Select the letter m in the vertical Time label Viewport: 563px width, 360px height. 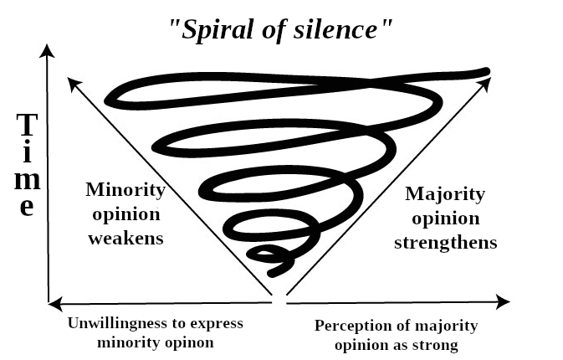pyautogui.click(x=28, y=179)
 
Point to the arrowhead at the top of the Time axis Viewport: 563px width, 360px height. pyautogui.click(x=49, y=52)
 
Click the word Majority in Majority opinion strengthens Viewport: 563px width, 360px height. pyautogui.click(x=445, y=194)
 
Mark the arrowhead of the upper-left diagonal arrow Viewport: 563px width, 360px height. pyautogui.click(x=74, y=83)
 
